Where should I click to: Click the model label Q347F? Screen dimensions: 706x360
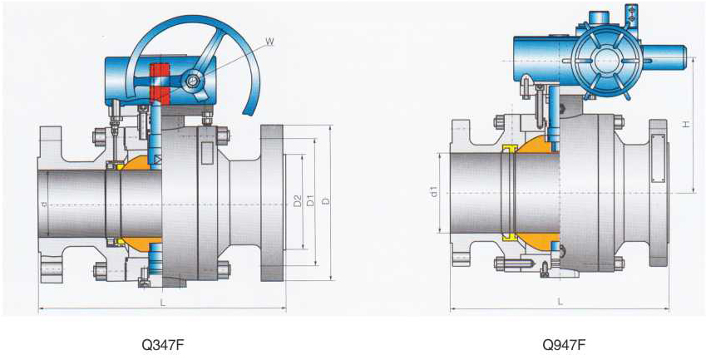coord(163,345)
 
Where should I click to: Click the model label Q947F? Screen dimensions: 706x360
coord(564,345)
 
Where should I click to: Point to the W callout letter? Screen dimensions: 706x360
coord(269,42)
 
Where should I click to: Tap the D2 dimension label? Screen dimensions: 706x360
coord(297,201)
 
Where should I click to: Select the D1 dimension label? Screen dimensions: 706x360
coord(310,201)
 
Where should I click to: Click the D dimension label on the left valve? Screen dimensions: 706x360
coord(326,201)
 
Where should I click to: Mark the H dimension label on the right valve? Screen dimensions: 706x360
coord(685,123)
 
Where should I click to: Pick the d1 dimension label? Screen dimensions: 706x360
coord(434,192)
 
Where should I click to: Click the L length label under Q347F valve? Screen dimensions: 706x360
coord(162,303)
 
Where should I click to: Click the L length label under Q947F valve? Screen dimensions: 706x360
coord(560,302)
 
